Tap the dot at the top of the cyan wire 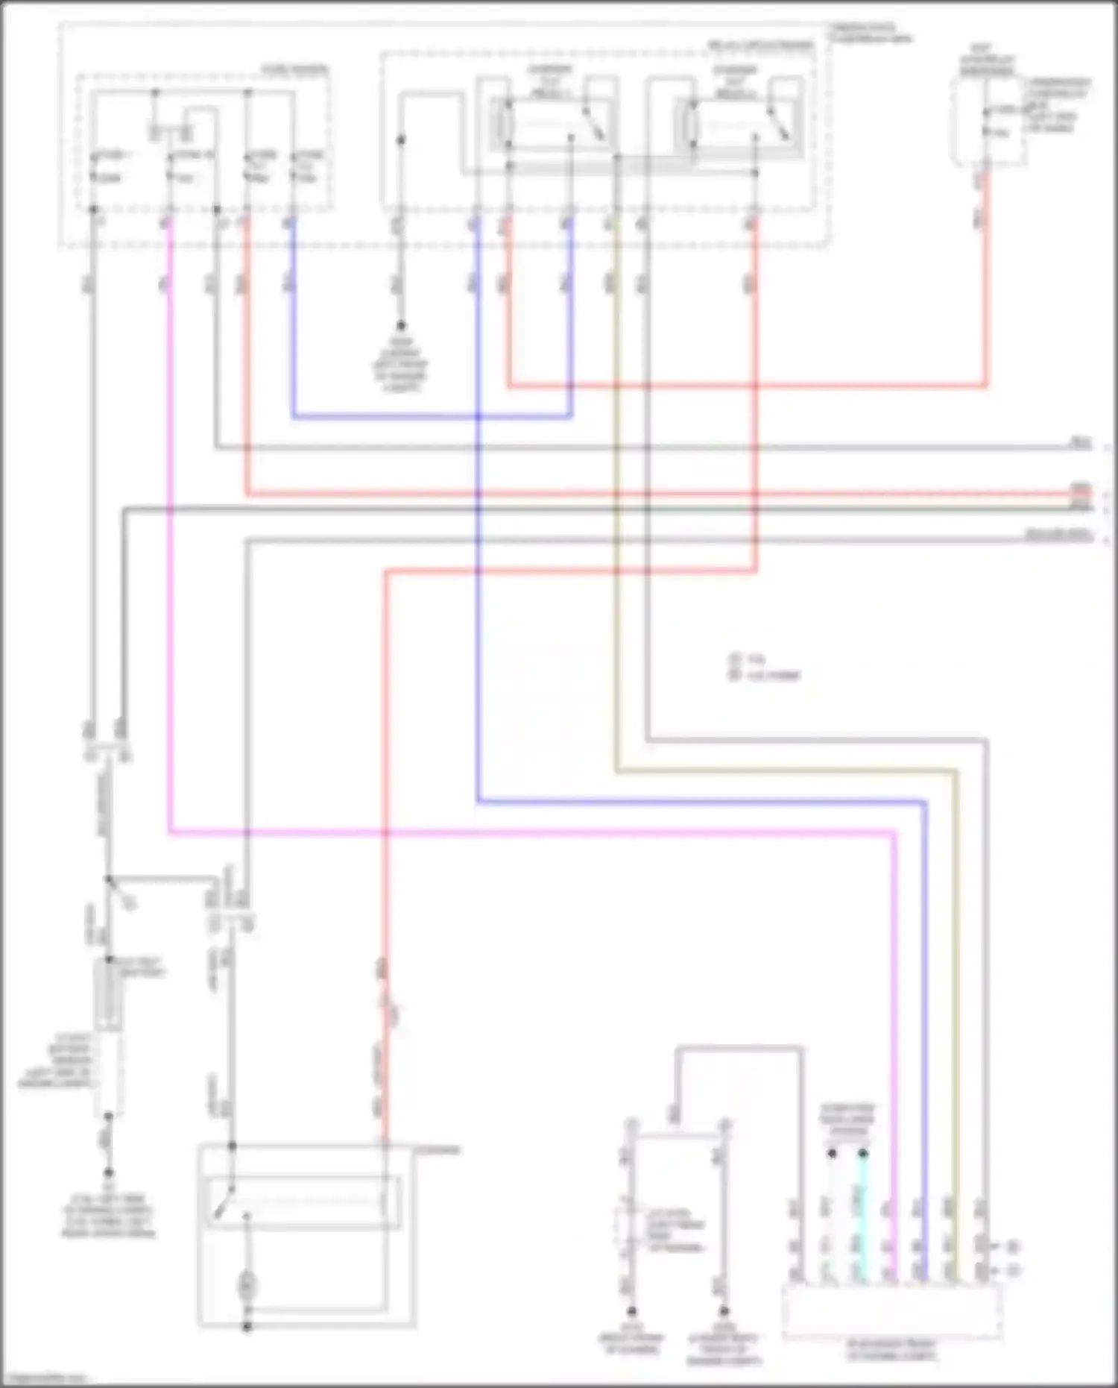(x=863, y=1154)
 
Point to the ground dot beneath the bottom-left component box (x=247, y=1327)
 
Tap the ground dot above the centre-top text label (x=400, y=326)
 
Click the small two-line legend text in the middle (x=764, y=668)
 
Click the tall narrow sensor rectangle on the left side (x=108, y=996)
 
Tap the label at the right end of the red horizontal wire (x=1080, y=490)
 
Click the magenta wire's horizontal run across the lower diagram (x=522, y=832)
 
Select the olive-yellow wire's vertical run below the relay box (x=616, y=597)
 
